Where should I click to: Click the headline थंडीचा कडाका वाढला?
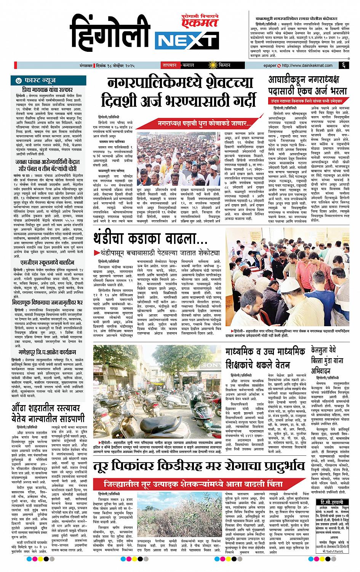151,240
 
